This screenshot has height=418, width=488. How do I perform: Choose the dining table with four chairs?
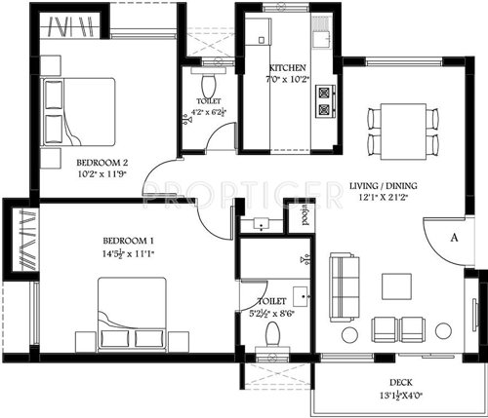(x=401, y=130)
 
